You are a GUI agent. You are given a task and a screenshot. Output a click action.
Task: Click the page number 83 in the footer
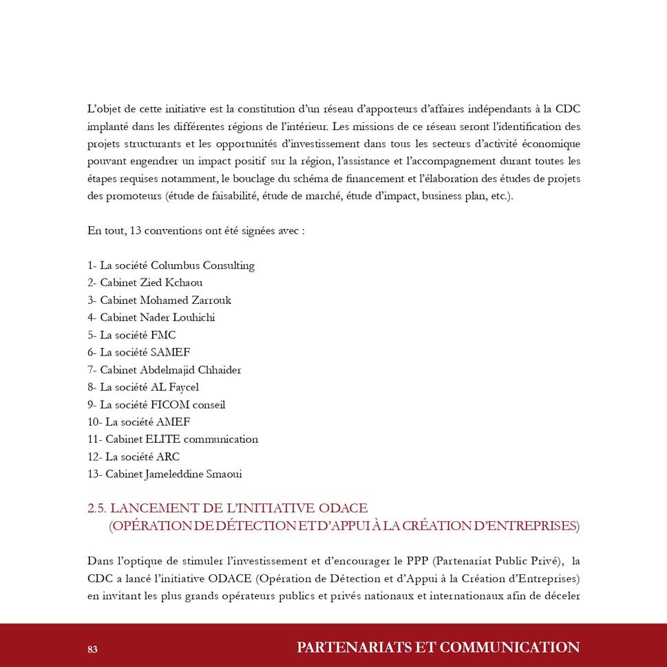click(x=92, y=649)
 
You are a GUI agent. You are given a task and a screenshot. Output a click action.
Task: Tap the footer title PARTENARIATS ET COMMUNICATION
click(x=438, y=648)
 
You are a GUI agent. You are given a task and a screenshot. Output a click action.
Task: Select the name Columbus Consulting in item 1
click(x=202, y=265)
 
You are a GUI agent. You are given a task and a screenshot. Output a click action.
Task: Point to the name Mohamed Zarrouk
click(x=185, y=300)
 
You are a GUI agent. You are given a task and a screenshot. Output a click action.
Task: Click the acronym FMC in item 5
click(x=163, y=336)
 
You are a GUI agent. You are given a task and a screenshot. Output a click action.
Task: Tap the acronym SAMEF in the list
click(x=170, y=353)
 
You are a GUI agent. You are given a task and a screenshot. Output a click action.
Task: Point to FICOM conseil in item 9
click(x=188, y=405)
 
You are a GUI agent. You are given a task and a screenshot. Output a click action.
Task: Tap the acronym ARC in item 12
click(x=168, y=457)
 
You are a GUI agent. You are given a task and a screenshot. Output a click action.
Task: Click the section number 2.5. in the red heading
click(x=96, y=509)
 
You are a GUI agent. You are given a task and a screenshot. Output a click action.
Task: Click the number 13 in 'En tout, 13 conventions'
click(x=136, y=231)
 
